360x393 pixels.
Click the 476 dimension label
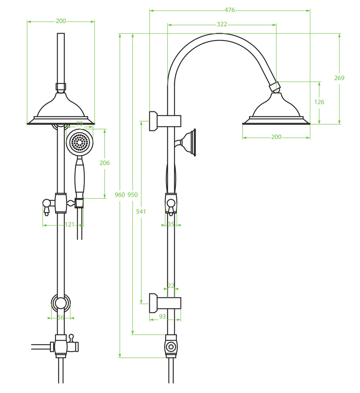pos(230,10)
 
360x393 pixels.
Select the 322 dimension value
pos(222,24)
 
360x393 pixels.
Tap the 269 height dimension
pos(339,78)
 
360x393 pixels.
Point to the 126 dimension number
pos(319,102)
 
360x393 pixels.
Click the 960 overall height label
pos(120,195)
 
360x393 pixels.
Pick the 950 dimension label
pos(133,195)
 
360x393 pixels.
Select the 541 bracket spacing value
pos(141,212)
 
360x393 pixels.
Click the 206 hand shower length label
pos(105,163)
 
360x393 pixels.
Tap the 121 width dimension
pos(69,225)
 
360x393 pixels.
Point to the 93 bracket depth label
pos(162,317)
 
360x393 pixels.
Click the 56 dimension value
pos(61,318)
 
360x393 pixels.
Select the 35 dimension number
pos(171,225)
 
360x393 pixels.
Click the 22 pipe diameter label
pos(171,286)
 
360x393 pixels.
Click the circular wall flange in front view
pos(61,303)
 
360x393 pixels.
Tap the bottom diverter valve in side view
pos(171,346)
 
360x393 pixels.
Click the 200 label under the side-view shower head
pos(276,137)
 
